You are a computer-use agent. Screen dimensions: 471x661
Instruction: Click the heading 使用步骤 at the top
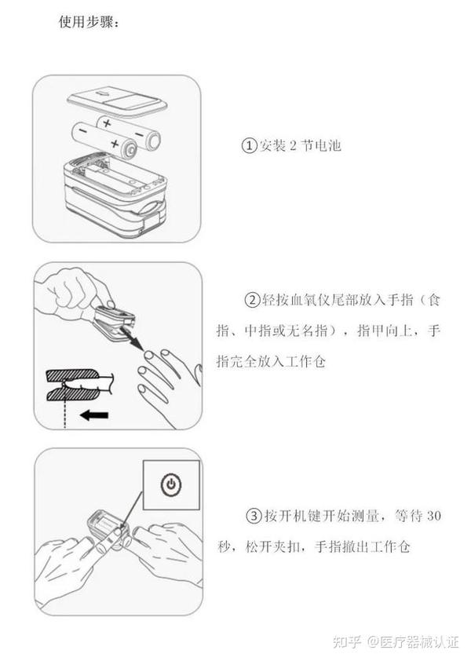tap(87, 21)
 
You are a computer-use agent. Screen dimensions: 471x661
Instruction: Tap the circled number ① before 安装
tap(249, 145)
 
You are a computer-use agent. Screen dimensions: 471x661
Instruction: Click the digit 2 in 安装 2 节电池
tap(294, 146)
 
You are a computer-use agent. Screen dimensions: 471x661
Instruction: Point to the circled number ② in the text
tap(253, 300)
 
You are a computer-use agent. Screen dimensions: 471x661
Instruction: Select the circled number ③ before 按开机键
tap(254, 516)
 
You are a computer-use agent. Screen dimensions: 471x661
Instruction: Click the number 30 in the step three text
tap(434, 516)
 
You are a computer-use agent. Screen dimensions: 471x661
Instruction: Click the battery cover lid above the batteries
tap(117, 104)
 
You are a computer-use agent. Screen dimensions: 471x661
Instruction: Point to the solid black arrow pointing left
tap(94, 414)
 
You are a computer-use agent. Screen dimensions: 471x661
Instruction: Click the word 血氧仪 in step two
tap(309, 300)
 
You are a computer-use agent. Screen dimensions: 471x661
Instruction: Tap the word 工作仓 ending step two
tap(305, 362)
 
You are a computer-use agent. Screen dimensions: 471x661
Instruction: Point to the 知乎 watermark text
tap(347, 642)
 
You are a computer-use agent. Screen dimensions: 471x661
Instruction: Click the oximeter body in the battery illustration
tap(116, 195)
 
